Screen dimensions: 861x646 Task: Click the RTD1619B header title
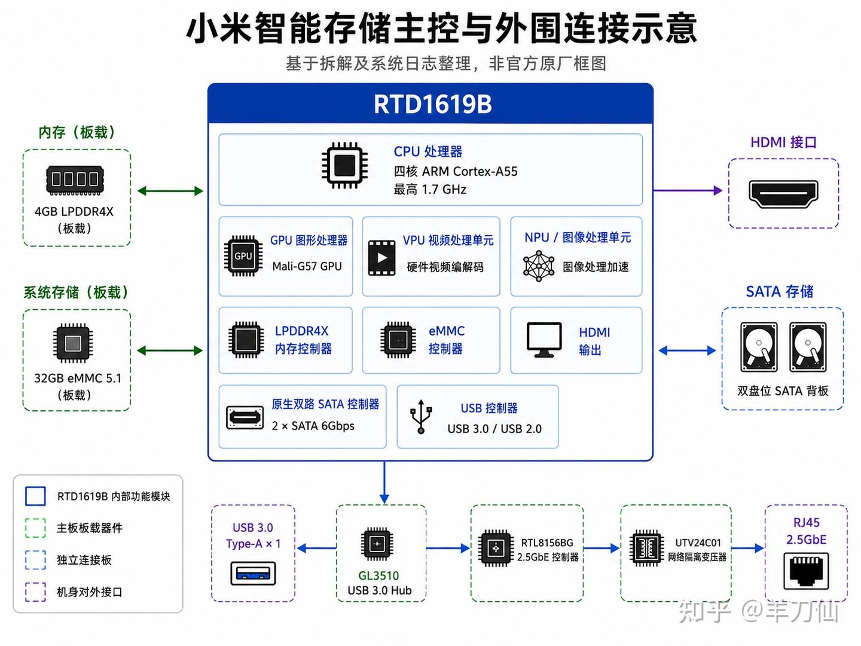tap(433, 104)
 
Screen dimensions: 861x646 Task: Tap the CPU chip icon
tap(345, 166)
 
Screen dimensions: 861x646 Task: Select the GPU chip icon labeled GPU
tap(243, 256)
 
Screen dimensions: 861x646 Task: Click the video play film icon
tap(381, 258)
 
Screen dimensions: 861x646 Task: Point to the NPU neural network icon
tap(539, 266)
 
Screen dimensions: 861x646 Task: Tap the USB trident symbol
tap(421, 416)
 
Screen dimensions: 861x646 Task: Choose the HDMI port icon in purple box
tap(783, 194)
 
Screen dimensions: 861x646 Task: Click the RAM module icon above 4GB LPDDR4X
tap(75, 180)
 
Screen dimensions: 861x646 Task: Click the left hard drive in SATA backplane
tap(759, 347)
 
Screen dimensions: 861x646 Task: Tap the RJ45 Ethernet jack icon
tap(806, 571)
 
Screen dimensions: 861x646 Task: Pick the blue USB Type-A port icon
tap(253, 573)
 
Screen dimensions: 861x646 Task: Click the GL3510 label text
tap(378, 575)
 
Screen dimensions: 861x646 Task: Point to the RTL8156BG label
tap(547, 543)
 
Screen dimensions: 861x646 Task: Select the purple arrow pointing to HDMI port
tap(688, 191)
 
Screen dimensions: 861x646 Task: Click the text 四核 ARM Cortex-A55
tap(456, 172)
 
